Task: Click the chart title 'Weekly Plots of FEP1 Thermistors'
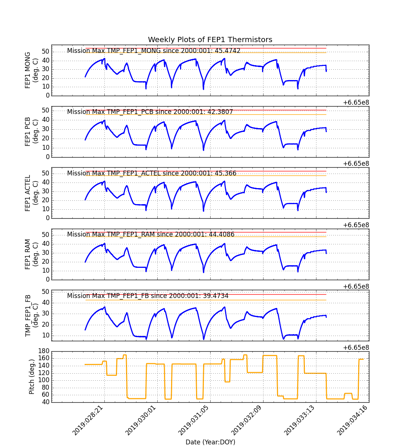pos(210,40)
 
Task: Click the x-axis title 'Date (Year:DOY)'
pos(210,442)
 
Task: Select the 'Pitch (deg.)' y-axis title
pos(32,377)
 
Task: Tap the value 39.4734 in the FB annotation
pos(215,296)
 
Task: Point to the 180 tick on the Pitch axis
pos(44,351)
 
